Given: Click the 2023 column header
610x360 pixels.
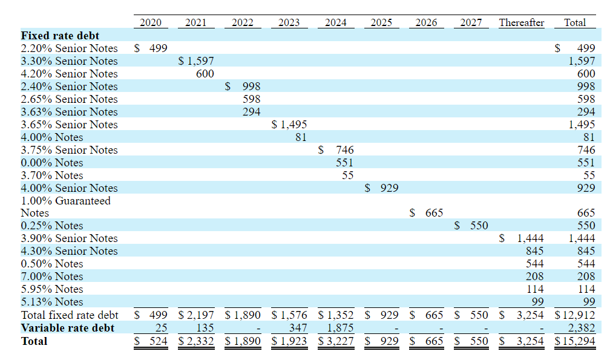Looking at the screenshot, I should (x=289, y=22).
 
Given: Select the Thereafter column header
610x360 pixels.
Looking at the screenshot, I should (x=521, y=22).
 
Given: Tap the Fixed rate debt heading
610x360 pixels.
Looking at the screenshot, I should (x=60, y=36).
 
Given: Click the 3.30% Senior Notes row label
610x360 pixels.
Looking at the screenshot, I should (x=69, y=61).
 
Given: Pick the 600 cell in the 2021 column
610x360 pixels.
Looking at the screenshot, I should (x=205, y=74).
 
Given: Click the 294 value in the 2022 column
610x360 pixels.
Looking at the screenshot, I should (x=251, y=112).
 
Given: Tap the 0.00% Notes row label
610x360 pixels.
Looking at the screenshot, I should (x=52, y=163).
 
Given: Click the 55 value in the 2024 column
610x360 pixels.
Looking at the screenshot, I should (x=347, y=175).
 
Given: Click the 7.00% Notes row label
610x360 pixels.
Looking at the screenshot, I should (x=52, y=277).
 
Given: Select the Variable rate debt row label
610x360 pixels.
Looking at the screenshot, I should (x=68, y=328).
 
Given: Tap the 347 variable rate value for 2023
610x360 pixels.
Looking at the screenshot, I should (x=298, y=328).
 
